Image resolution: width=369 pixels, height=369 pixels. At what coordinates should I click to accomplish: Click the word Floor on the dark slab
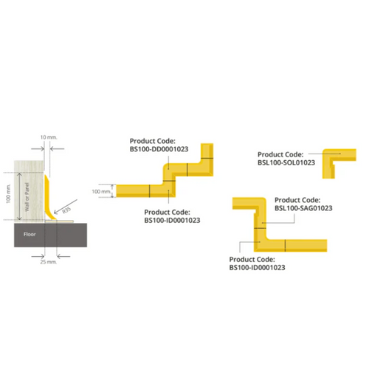(x=30, y=234)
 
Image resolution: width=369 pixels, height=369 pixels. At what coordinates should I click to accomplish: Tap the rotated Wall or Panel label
(x=27, y=197)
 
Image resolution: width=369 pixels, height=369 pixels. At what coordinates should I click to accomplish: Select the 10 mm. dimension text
(x=49, y=137)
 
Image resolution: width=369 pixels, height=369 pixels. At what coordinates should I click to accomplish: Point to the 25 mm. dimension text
(x=49, y=262)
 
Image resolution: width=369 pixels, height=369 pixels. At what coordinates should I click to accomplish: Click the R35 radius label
(x=66, y=210)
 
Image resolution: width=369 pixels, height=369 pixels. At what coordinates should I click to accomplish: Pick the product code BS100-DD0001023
(x=159, y=149)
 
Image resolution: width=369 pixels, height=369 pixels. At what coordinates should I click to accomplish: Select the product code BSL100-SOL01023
(x=286, y=162)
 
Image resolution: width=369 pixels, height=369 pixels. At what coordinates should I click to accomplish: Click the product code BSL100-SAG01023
(x=303, y=208)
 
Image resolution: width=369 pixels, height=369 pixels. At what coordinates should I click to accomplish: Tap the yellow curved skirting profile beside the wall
(x=50, y=198)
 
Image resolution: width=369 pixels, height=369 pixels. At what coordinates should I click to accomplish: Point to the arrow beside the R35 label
(x=66, y=207)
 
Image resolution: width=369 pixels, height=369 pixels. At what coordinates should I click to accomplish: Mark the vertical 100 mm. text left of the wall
(x=9, y=193)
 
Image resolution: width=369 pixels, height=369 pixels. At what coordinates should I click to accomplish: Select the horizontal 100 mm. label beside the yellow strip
(x=101, y=191)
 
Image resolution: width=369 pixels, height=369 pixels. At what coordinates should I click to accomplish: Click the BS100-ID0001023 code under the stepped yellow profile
(x=172, y=220)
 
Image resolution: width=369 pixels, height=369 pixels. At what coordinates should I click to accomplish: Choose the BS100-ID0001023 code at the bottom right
(x=257, y=267)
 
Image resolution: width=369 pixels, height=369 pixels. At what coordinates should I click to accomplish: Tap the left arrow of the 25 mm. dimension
(x=38, y=256)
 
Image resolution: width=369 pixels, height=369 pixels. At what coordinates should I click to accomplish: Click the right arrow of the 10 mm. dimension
(x=57, y=148)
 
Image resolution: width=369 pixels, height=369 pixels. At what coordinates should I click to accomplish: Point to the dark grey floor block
(x=50, y=235)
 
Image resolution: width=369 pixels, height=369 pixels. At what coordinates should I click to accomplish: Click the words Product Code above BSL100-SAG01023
(x=297, y=200)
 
